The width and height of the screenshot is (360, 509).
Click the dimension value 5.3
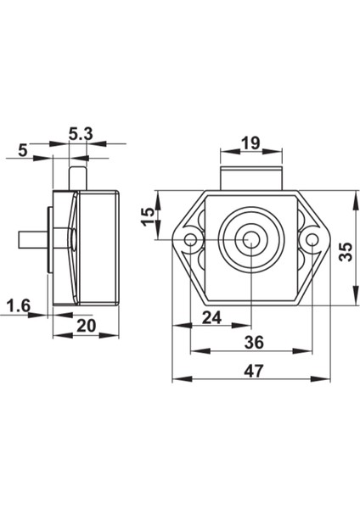point(81,134)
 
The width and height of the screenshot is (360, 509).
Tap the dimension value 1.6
point(19,305)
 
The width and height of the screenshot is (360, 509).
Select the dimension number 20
point(87,326)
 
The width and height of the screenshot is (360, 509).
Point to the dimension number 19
point(251,143)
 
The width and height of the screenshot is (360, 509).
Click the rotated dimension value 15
point(148,216)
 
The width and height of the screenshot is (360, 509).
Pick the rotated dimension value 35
point(346,252)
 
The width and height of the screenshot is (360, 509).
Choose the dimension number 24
point(211,317)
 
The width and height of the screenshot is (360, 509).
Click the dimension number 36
point(254,343)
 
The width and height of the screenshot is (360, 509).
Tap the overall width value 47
point(254,371)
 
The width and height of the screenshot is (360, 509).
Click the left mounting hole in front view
point(190,240)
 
